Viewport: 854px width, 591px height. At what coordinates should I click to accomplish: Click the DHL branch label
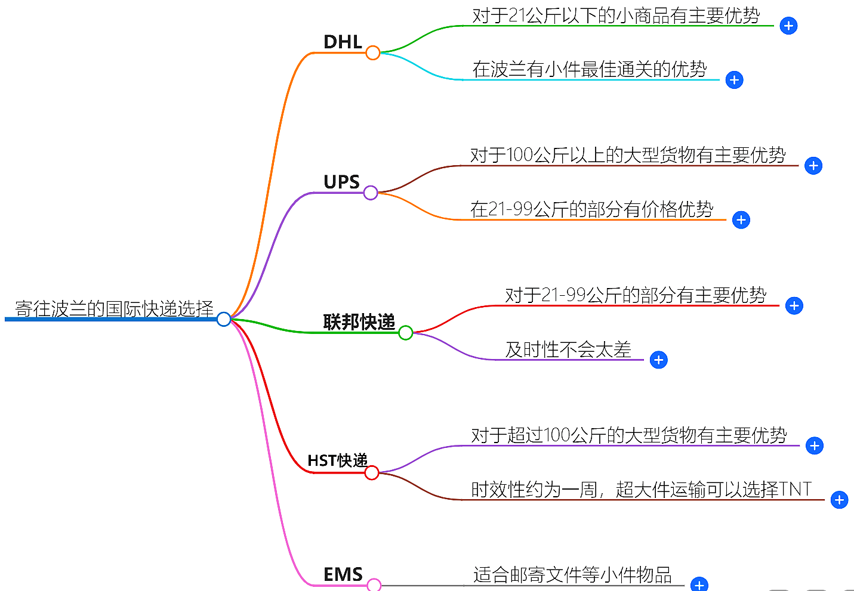[343, 42]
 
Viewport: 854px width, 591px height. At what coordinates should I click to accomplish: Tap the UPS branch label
[341, 182]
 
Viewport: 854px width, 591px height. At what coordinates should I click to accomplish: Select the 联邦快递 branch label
[359, 322]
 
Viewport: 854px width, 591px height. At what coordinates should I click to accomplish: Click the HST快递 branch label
[337, 460]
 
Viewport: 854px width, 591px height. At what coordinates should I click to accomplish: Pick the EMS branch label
[343, 574]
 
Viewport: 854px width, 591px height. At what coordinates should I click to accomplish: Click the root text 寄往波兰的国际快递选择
[114, 309]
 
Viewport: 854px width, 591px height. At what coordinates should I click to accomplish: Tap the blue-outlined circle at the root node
[224, 319]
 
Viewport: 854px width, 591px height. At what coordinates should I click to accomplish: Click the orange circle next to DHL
[373, 53]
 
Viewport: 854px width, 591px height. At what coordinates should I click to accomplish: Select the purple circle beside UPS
[371, 193]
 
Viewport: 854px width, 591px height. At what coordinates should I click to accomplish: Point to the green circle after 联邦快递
[406, 333]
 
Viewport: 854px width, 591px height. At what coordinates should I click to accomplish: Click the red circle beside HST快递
[372, 473]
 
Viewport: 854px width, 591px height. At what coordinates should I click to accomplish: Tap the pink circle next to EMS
[374, 585]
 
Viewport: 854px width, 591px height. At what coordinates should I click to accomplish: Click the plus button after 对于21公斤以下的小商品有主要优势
[788, 26]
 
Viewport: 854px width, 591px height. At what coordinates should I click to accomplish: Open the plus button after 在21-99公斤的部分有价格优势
[741, 220]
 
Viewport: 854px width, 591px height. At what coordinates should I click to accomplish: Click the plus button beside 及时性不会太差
[659, 360]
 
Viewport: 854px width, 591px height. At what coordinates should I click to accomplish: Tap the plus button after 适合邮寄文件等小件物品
[699, 585]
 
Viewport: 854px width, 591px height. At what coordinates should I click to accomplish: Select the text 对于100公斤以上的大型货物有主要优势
[628, 155]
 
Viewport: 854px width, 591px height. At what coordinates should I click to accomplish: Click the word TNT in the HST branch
[796, 489]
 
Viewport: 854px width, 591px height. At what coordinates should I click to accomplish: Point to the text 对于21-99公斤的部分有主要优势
[636, 295]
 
